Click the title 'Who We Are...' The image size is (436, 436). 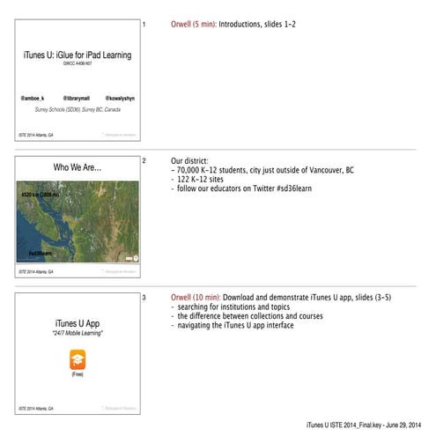(x=78, y=167)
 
